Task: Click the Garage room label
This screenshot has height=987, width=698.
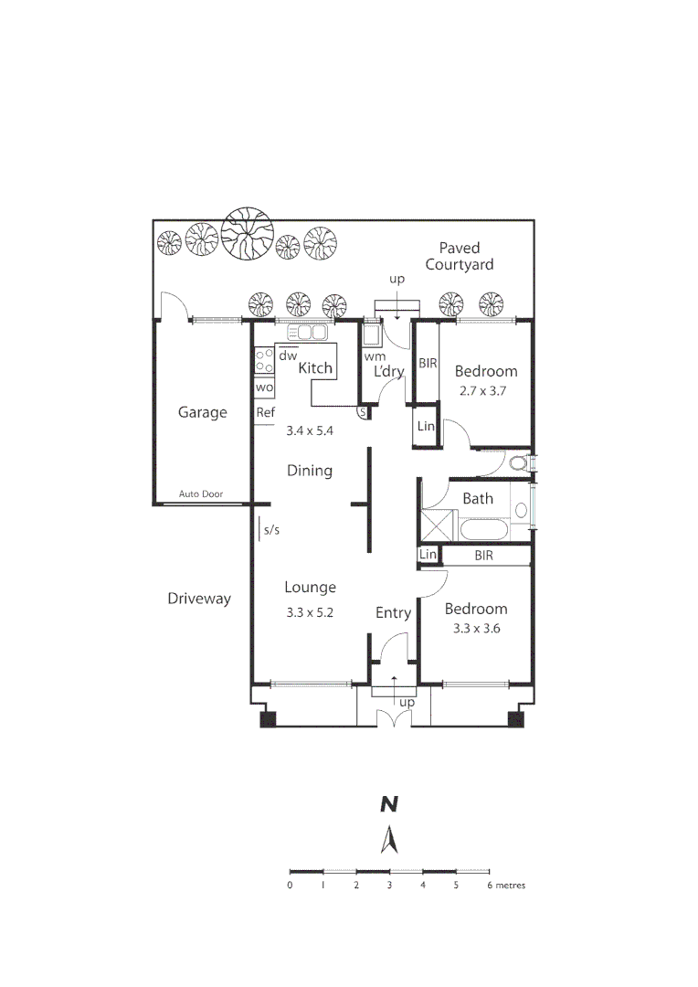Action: (x=202, y=412)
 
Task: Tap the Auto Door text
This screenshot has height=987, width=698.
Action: (x=201, y=494)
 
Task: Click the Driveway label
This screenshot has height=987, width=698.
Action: (x=199, y=599)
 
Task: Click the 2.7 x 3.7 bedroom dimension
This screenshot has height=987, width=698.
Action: (x=485, y=390)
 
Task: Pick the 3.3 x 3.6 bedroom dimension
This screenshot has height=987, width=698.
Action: (x=475, y=628)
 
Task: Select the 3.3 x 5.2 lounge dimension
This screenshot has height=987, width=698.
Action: (x=310, y=613)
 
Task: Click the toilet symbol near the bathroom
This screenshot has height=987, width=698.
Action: (x=520, y=462)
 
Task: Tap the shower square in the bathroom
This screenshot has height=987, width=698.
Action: (x=438, y=526)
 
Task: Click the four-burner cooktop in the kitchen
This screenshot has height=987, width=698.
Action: (x=264, y=361)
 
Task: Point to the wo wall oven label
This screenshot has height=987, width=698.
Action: (x=264, y=387)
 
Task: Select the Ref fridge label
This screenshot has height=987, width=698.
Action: (x=265, y=412)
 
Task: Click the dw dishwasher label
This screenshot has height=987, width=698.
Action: (x=288, y=356)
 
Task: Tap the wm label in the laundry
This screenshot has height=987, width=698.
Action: (x=373, y=356)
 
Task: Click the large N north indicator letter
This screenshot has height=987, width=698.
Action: (x=389, y=804)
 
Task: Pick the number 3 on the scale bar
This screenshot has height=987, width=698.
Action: (x=389, y=885)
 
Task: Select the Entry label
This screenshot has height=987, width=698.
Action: (x=393, y=612)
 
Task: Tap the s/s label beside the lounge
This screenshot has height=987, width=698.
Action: (x=270, y=529)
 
